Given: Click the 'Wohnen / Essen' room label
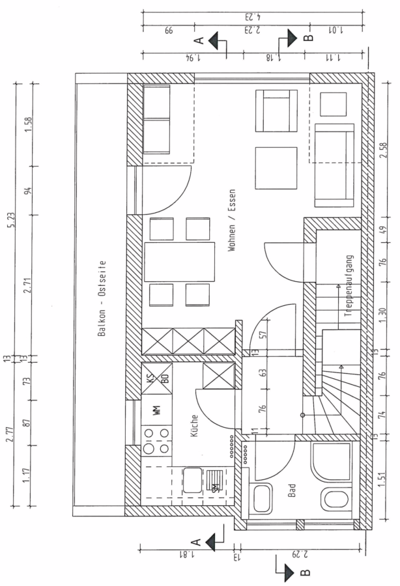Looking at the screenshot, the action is [x=232, y=220].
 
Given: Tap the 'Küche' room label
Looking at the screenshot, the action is [x=194, y=425].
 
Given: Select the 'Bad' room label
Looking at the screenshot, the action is [x=292, y=490].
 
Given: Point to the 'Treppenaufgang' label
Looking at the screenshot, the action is [x=349, y=286].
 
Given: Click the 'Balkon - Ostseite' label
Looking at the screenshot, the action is [x=102, y=299].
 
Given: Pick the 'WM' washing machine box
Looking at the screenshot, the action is [x=156, y=410].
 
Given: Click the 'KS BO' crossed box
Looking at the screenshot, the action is [x=157, y=378].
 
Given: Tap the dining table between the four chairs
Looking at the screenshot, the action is [x=179, y=262].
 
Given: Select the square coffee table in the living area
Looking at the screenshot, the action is [x=276, y=168].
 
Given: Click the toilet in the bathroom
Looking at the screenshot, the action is [x=336, y=499].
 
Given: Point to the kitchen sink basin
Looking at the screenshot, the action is [x=193, y=480].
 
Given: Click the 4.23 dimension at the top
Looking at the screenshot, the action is [x=253, y=17].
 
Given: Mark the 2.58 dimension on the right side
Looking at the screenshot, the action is [x=383, y=150].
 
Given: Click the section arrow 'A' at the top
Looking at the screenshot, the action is [x=213, y=40].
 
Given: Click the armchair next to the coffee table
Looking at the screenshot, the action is [x=277, y=111].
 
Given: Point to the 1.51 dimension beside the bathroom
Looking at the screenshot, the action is [x=382, y=479].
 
